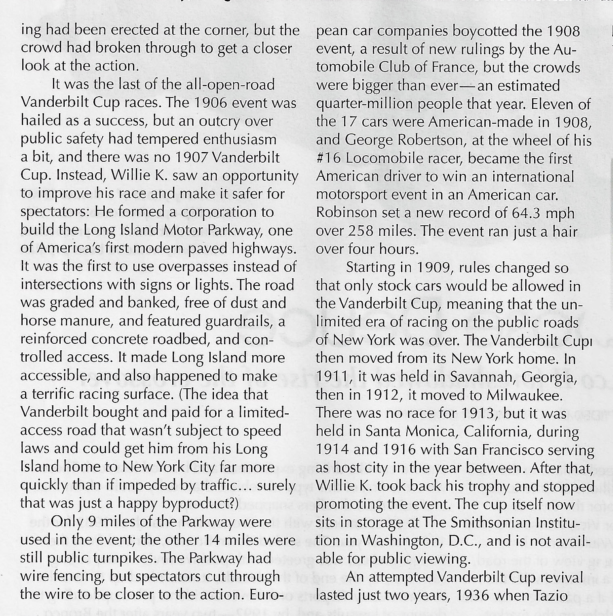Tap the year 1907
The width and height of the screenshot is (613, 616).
point(190,157)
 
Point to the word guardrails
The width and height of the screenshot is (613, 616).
point(240,321)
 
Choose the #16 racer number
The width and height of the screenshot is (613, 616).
point(329,159)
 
